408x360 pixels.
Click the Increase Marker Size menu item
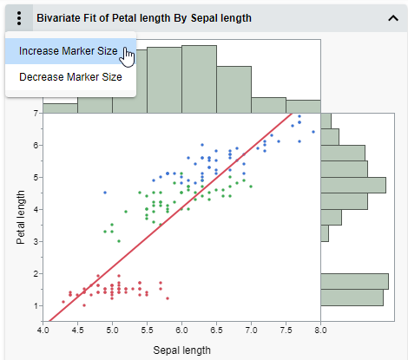tap(68, 51)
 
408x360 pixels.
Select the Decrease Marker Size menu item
tap(70, 77)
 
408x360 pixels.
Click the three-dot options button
tap(18, 17)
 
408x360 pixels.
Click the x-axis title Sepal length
tap(182, 350)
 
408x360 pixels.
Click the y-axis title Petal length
tap(21, 213)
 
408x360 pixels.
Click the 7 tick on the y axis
tap(35, 113)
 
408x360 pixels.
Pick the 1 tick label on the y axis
tap(35, 305)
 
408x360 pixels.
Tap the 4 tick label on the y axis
tap(35, 209)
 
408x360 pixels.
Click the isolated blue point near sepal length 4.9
tap(105, 193)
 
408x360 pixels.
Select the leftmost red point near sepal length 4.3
tap(63, 302)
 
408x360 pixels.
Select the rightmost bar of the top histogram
tap(303, 108)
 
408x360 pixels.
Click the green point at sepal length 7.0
tap(251, 187)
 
